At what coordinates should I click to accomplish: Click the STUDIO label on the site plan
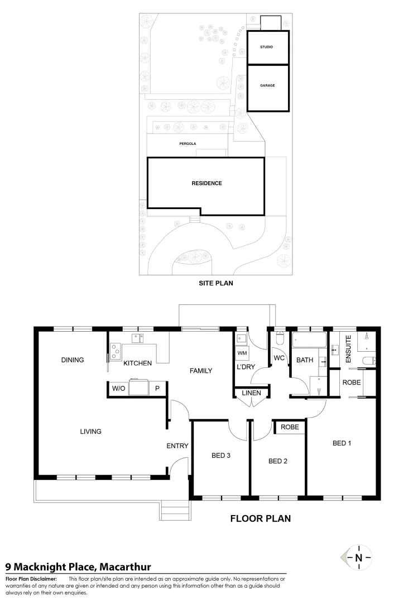click(266, 47)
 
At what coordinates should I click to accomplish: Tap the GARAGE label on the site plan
click(267, 86)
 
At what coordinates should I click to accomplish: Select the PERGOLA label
click(188, 143)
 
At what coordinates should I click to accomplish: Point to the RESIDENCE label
click(206, 183)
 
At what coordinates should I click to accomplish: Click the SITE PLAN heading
click(215, 283)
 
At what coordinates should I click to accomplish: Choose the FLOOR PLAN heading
click(261, 518)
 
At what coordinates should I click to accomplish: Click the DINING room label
click(73, 360)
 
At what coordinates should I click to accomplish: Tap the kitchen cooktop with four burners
click(116, 351)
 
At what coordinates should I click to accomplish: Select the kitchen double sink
click(138, 337)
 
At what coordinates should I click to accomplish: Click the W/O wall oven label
click(118, 389)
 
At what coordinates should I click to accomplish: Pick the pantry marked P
click(157, 389)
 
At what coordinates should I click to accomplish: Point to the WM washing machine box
click(242, 353)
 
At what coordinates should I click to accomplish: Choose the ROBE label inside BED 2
click(290, 427)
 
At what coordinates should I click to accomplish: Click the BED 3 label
click(221, 455)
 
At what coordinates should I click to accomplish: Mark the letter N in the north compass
click(358, 557)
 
